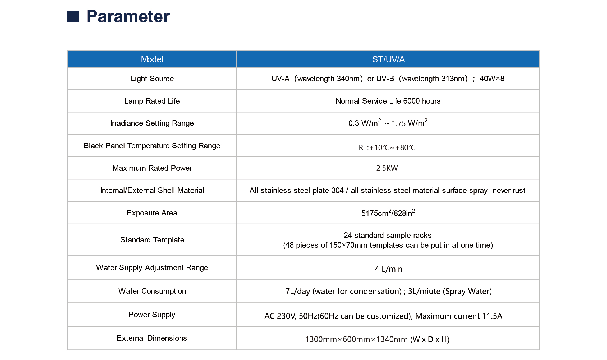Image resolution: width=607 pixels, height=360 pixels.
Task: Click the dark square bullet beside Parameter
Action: (x=73, y=17)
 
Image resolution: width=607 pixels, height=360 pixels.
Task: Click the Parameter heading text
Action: (x=128, y=16)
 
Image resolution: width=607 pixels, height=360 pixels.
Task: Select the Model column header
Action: (x=152, y=59)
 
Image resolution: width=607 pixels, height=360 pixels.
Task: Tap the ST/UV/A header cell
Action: (x=388, y=59)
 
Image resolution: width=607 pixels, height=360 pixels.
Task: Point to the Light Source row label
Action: (x=152, y=79)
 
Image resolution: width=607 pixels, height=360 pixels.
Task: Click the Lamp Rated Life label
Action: (x=152, y=101)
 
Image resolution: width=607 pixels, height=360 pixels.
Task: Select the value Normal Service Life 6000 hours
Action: (x=388, y=101)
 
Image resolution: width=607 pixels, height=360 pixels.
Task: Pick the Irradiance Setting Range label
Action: (x=152, y=123)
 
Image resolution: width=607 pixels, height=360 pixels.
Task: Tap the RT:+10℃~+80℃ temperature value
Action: (x=387, y=147)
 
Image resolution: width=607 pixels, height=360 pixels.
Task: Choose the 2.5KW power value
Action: (x=387, y=168)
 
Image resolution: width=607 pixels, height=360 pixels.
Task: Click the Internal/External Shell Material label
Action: (x=152, y=190)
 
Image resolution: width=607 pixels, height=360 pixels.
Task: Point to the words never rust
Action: (x=509, y=190)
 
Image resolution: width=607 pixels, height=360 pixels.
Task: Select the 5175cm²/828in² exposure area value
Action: (x=388, y=213)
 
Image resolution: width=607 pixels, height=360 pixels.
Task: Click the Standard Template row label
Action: (x=152, y=240)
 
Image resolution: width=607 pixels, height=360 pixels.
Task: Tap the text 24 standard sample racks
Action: (x=388, y=235)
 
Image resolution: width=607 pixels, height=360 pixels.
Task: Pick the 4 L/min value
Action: (x=388, y=269)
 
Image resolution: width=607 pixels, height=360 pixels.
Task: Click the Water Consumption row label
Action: (x=152, y=291)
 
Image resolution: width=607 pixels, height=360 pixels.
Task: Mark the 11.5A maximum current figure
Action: (x=492, y=316)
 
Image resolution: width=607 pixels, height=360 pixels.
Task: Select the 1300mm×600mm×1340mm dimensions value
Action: (x=356, y=339)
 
